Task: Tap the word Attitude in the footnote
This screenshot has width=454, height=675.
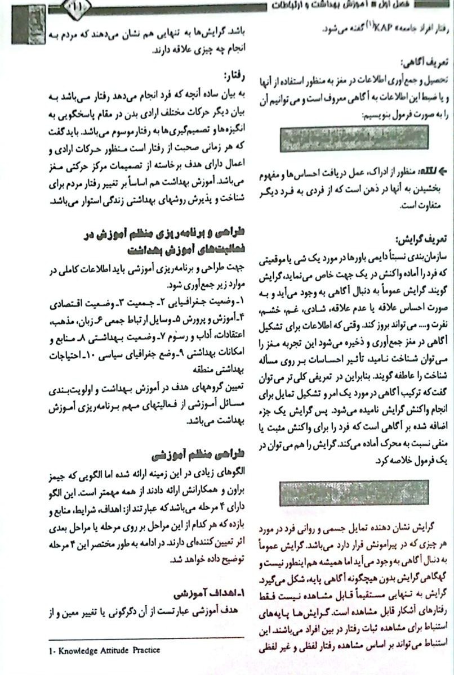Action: coord(115,650)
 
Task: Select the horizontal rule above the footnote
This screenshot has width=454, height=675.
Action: coord(146,638)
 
